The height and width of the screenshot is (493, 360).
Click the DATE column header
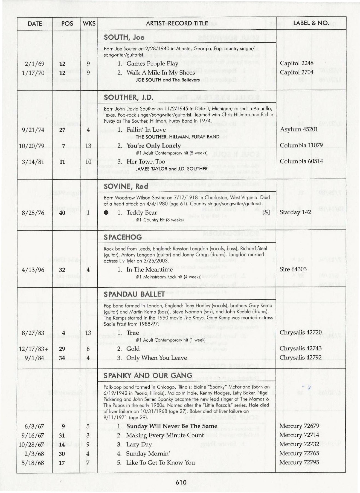tap(35, 24)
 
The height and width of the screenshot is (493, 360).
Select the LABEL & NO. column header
tap(311, 23)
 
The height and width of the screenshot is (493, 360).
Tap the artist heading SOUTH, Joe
tap(124, 37)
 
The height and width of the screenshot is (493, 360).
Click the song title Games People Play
tap(152, 64)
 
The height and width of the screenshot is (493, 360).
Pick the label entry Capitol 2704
tap(297, 72)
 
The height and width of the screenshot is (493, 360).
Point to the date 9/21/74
tap(33, 130)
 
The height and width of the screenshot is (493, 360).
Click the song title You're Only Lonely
tap(153, 146)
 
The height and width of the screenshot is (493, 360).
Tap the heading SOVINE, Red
tap(126, 186)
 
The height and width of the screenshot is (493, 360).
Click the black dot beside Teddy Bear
tap(106, 213)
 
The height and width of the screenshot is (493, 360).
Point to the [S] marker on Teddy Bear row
tap(266, 212)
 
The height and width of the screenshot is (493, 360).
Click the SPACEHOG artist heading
tap(123, 237)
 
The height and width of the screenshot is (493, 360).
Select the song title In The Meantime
tap(149, 270)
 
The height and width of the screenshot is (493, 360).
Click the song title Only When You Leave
tap(156, 358)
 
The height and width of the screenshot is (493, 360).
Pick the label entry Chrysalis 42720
tap(300, 333)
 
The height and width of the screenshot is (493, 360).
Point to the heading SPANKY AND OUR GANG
tap(148, 375)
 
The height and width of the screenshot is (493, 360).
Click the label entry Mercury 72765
tap(299, 453)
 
